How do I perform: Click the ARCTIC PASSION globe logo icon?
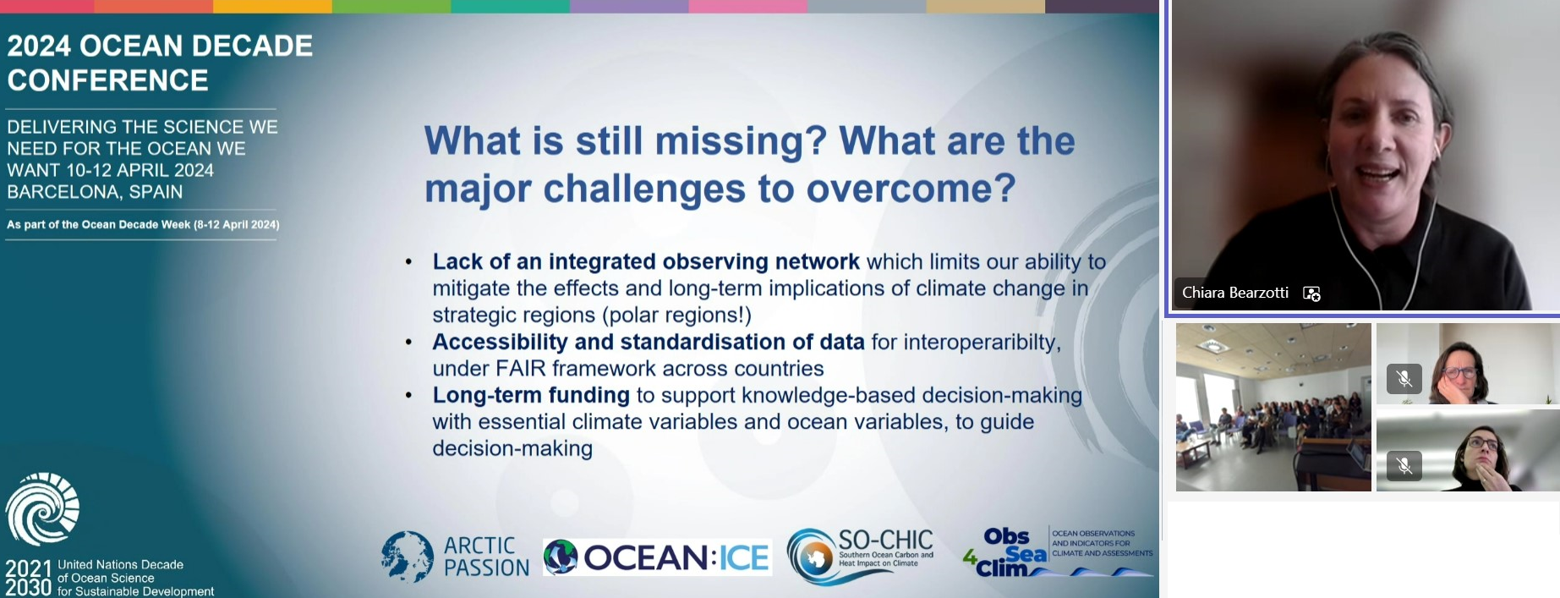(x=408, y=557)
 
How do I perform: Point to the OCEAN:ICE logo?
(x=657, y=557)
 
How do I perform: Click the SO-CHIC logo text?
(x=885, y=540)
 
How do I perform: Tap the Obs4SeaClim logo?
(x=1058, y=551)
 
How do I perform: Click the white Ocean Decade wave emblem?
(x=42, y=508)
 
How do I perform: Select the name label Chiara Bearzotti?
(x=1235, y=293)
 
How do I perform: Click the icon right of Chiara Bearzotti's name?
(x=1311, y=294)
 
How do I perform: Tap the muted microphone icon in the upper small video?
(x=1404, y=378)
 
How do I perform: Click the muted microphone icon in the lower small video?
(x=1404, y=465)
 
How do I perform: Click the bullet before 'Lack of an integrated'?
(x=409, y=262)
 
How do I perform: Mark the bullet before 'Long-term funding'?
(x=409, y=396)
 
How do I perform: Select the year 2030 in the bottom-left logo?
(x=29, y=588)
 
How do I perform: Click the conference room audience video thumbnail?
(x=1273, y=407)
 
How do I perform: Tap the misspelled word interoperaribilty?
(x=982, y=343)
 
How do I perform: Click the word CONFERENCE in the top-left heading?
(x=108, y=80)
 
